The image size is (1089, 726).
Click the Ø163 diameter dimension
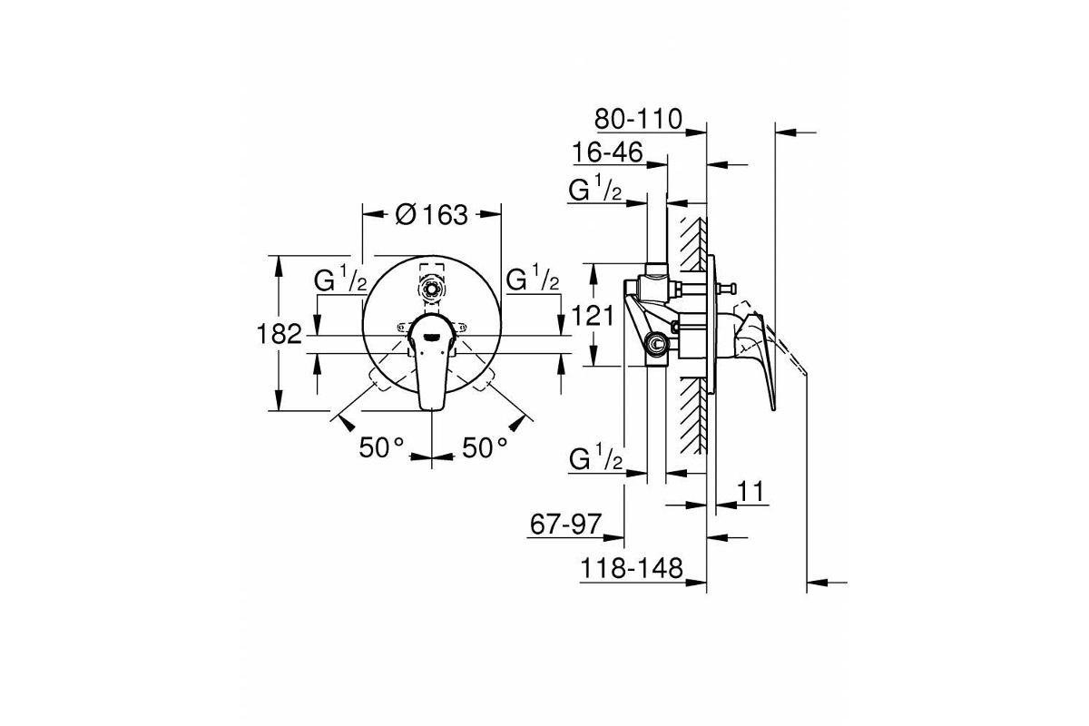pyautogui.click(x=432, y=214)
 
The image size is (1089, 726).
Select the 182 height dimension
pyautogui.click(x=280, y=334)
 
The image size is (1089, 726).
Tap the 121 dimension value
pyautogui.click(x=593, y=316)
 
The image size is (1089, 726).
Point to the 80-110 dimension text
pyautogui.click(x=638, y=119)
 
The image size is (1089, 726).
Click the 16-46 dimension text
pyautogui.click(x=607, y=152)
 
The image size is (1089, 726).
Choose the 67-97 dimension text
pyautogui.click(x=565, y=525)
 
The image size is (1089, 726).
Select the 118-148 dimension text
pyautogui.click(x=632, y=567)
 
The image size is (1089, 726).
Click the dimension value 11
pyautogui.click(x=751, y=492)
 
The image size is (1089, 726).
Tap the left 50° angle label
pyautogui.click(x=381, y=447)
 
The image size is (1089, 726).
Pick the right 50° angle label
pyautogui.click(x=485, y=447)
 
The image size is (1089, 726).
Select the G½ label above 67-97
pyautogui.click(x=595, y=457)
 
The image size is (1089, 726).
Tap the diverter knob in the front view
pyautogui.click(x=431, y=289)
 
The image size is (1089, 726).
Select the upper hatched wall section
pyautogui.click(x=692, y=243)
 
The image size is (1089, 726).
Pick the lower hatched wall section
pyautogui.click(x=692, y=416)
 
